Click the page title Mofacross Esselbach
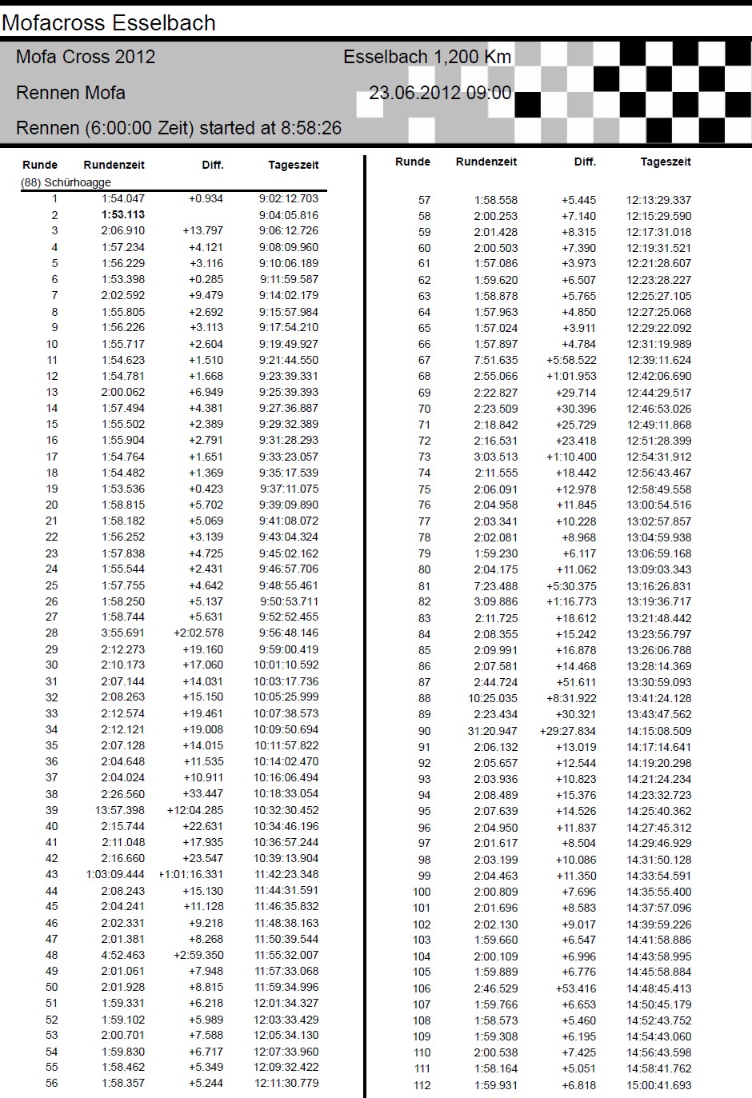click(x=109, y=22)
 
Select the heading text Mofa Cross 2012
click(x=86, y=57)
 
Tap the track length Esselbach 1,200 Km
click(x=426, y=57)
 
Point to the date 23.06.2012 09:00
click(x=439, y=93)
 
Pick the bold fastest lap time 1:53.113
click(x=123, y=215)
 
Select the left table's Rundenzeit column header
click(x=114, y=165)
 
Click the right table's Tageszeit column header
click(x=665, y=162)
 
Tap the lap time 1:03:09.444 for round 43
click(x=115, y=874)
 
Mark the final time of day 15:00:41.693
click(x=658, y=1085)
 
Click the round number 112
click(x=422, y=1085)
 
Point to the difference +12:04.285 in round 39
click(x=194, y=810)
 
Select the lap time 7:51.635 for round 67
click(x=495, y=360)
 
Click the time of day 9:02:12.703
click(x=288, y=198)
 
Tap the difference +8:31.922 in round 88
click(x=571, y=698)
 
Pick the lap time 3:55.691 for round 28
click(x=123, y=633)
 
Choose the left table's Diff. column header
click(x=212, y=165)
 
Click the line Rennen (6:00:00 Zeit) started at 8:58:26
click(x=178, y=128)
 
